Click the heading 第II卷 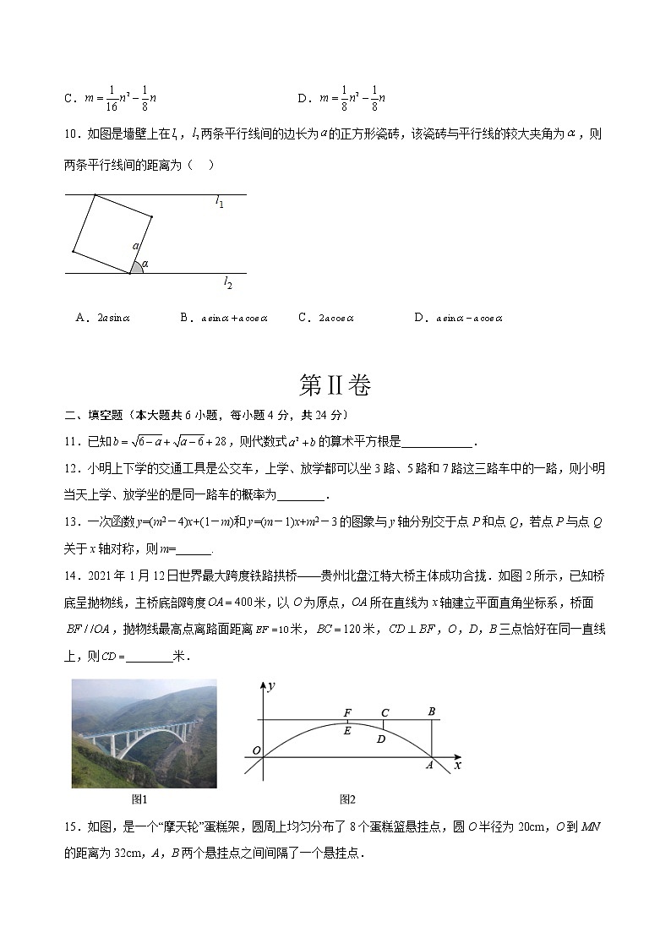335,385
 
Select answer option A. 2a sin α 102,318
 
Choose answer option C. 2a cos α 326,318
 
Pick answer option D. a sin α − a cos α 459,318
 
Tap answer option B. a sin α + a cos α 224,318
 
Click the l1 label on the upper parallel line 219,203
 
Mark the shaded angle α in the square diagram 136,267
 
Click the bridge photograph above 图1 144,734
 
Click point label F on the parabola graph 347,712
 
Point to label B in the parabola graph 432,712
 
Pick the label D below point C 381,739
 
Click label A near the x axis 428,765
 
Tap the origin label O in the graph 256,750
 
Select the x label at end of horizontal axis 457,765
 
